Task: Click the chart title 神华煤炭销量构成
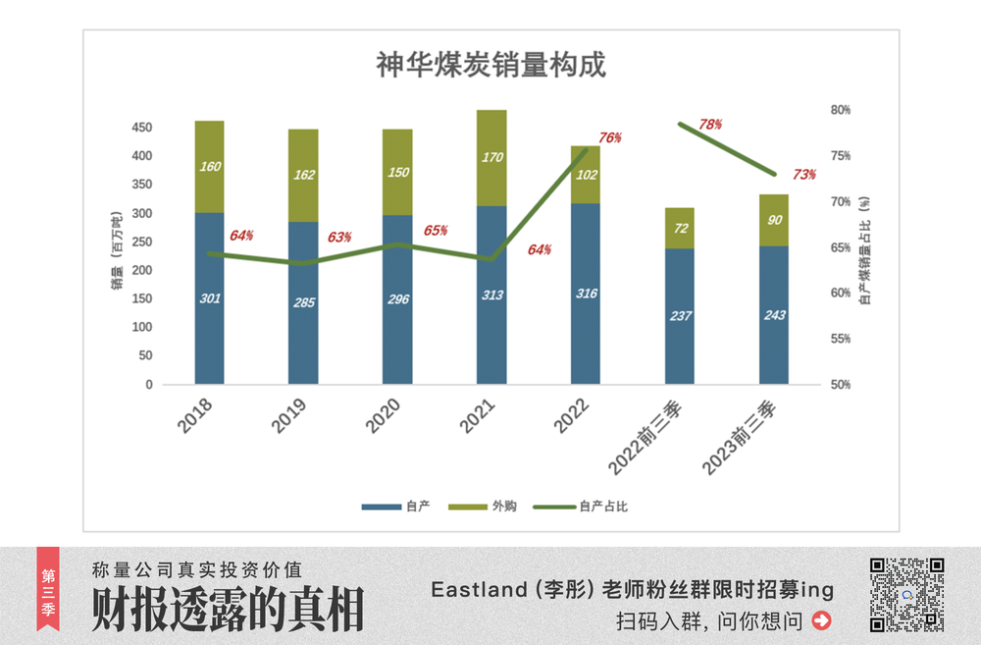tap(490, 66)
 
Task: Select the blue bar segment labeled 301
tap(209, 297)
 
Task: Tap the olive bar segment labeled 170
tap(491, 157)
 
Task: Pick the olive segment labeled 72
tap(680, 228)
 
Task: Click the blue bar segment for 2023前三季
tap(774, 314)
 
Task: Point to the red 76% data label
tap(609, 138)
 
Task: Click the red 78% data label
tap(710, 125)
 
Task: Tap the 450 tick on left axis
tap(142, 128)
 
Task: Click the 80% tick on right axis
tap(840, 110)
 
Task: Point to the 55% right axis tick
tap(840, 339)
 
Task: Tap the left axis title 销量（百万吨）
tap(116, 250)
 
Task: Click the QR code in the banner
tap(906, 595)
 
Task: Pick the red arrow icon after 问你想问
tap(822, 620)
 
